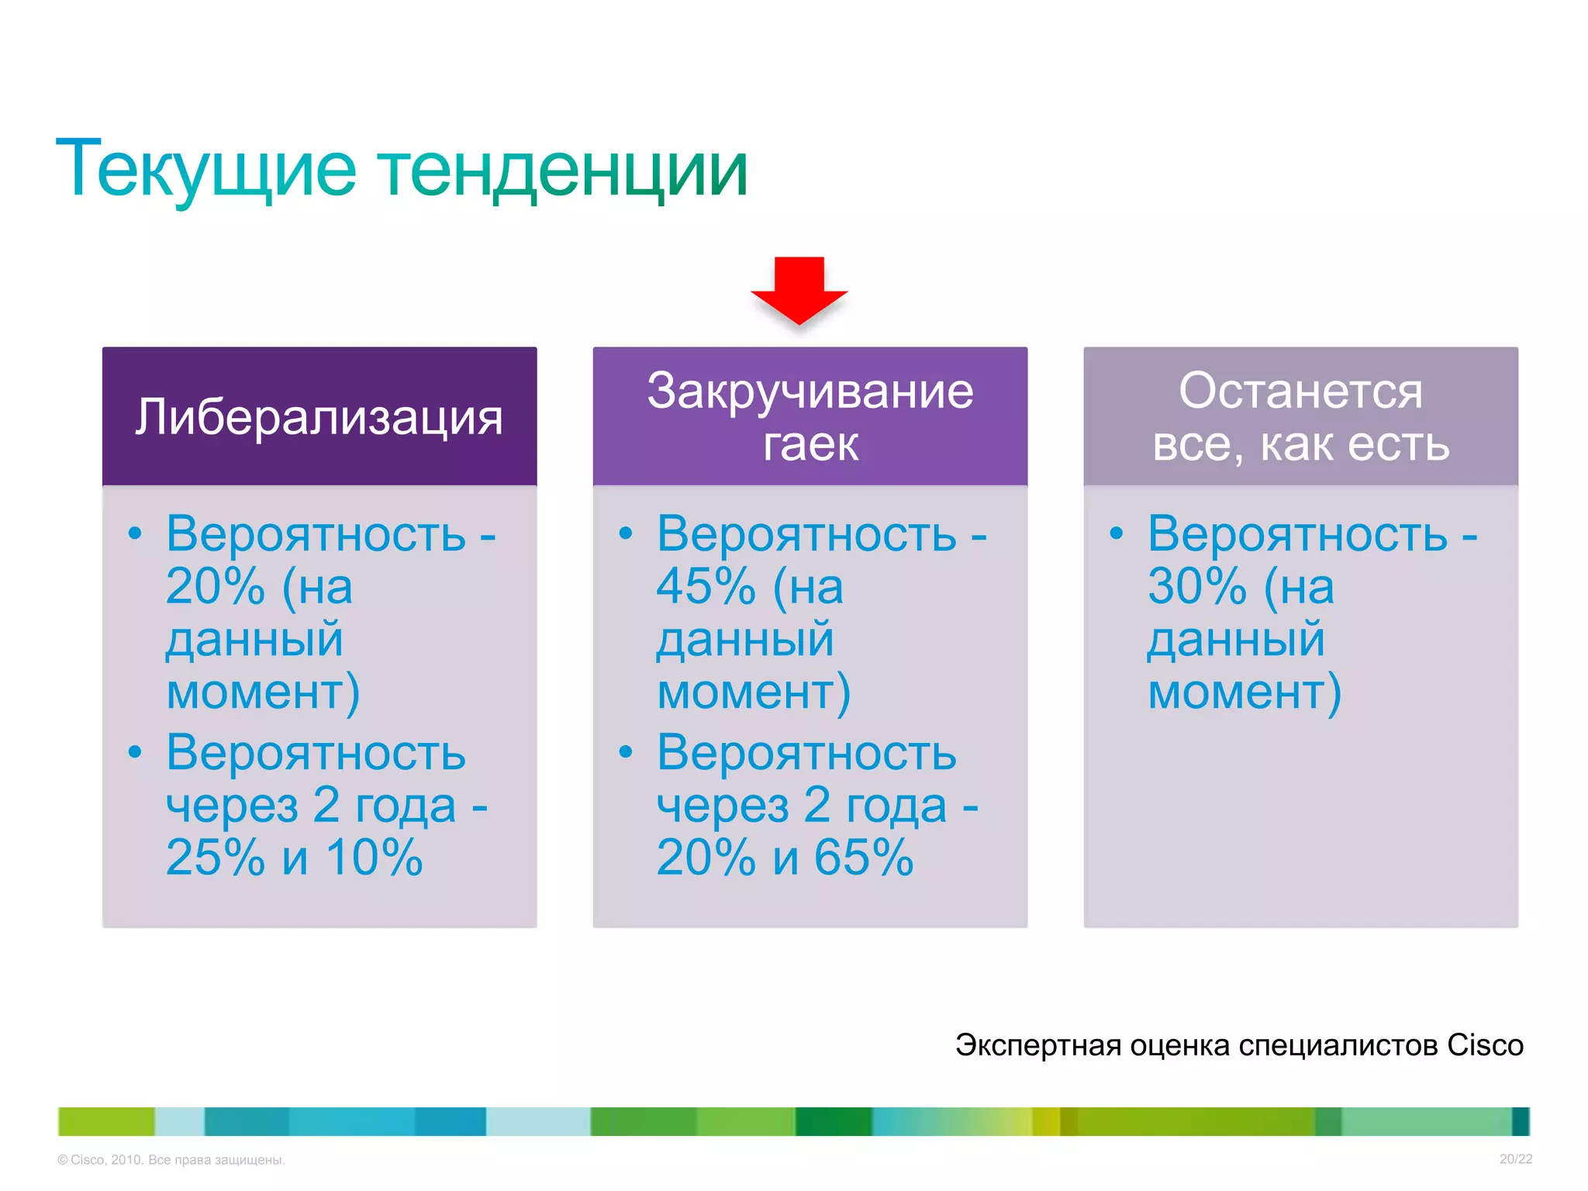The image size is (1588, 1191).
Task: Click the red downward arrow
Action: pyautogui.click(x=799, y=289)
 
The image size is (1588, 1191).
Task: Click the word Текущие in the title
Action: pyautogui.click(x=205, y=169)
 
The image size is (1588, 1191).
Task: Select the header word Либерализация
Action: pyautogui.click(x=319, y=418)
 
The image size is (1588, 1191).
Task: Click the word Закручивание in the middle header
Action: pyautogui.click(x=810, y=391)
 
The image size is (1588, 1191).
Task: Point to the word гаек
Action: pyautogui.click(x=810, y=444)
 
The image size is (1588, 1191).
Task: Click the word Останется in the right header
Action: pyautogui.click(x=1300, y=391)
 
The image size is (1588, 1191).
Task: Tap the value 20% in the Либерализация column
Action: pyautogui.click(x=215, y=586)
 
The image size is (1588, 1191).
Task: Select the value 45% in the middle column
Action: pyautogui.click(x=706, y=586)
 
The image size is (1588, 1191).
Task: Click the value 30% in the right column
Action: pyautogui.click(x=1196, y=586)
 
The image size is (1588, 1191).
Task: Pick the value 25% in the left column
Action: pyautogui.click(x=215, y=858)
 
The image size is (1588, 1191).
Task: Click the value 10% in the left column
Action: pyautogui.click(x=374, y=858)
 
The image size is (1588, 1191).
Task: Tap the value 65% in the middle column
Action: pyautogui.click(x=864, y=858)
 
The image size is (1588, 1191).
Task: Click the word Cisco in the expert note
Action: pyautogui.click(x=1485, y=1045)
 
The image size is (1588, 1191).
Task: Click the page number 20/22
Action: pyautogui.click(x=1515, y=1159)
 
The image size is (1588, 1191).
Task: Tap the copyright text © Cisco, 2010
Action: pyautogui.click(x=101, y=1160)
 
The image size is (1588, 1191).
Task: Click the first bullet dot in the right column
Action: pyautogui.click(x=1116, y=533)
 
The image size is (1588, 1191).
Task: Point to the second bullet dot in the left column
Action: pyautogui.click(x=135, y=751)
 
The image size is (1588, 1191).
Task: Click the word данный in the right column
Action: pyautogui.click(x=1235, y=640)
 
